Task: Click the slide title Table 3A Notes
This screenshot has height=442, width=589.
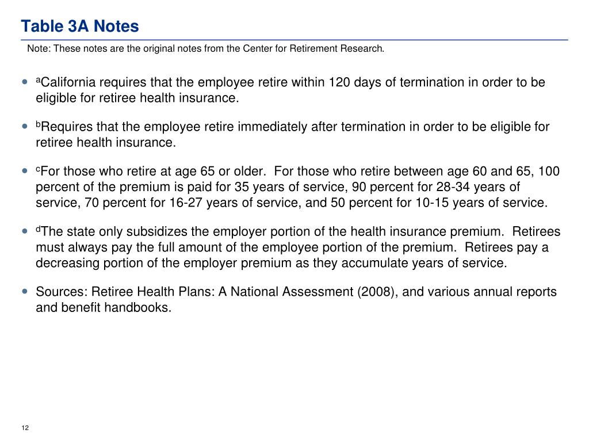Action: tap(80, 26)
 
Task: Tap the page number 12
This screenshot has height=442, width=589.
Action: tap(25, 428)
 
